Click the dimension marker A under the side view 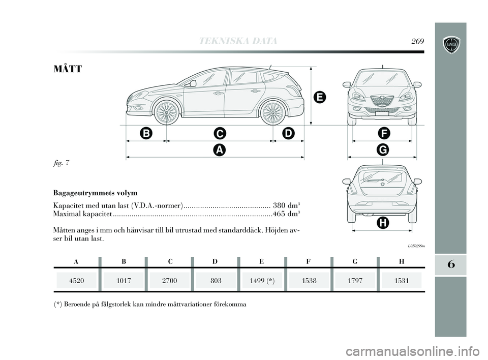[x=219, y=149]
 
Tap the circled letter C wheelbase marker [x=219, y=133]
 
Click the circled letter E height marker [x=319, y=97]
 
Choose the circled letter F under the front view [x=382, y=133]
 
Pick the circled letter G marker [x=382, y=149]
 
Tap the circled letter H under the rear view [x=382, y=223]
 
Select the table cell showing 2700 [x=170, y=280]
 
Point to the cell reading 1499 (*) [x=262, y=280]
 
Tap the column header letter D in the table [x=215, y=261]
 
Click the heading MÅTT [x=67, y=68]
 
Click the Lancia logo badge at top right [x=450, y=45]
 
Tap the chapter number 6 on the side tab [x=450, y=265]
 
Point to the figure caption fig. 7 [x=60, y=163]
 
